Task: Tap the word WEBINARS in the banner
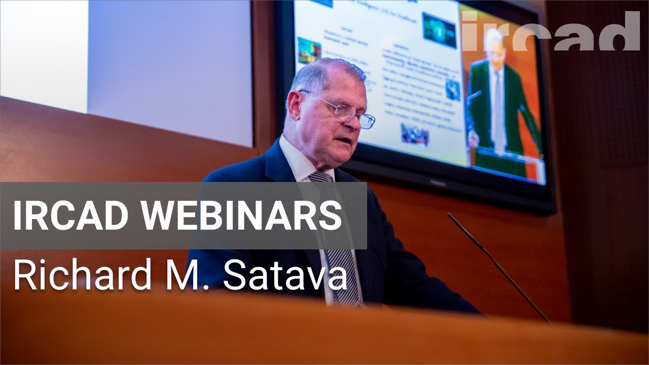241,215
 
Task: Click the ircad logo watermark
550,31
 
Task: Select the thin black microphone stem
499,269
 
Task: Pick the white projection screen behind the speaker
167,66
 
